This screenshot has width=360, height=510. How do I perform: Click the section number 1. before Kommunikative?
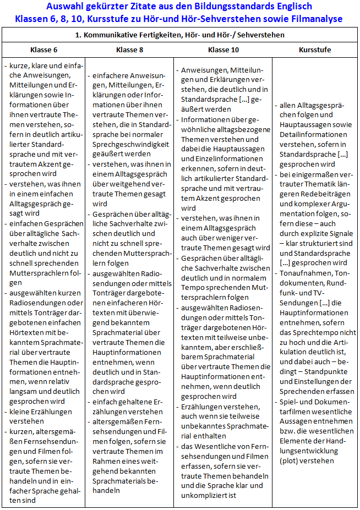pyautogui.click(x=79, y=35)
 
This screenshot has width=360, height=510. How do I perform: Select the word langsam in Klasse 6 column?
pyautogui.click(x=24, y=391)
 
